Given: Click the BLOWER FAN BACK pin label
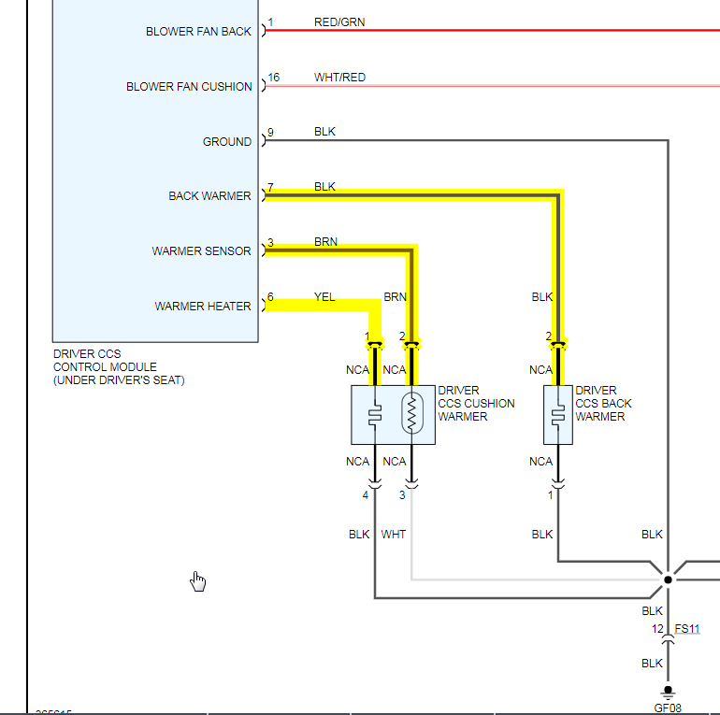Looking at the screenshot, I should point(198,32).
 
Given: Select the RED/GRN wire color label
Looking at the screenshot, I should point(339,22).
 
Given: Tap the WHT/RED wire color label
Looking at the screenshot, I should point(339,78).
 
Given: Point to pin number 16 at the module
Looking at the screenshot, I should point(273,78).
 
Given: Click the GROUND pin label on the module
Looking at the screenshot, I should point(227,142).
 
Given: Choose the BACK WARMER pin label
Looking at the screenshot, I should point(209,196).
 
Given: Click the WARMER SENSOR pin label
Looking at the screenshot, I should point(202,251).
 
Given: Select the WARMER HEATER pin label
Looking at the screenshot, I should point(203,307).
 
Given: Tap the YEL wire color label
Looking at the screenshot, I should point(324,297).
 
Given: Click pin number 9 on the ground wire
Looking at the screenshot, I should point(270,133).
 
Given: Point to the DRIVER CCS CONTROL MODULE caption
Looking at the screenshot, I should point(119,367).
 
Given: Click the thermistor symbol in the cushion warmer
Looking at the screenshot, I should point(410,413).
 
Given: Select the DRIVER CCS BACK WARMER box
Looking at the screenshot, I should point(558,414).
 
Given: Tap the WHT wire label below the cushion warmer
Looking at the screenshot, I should point(394,535).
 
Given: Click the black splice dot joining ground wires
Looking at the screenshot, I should point(668,579).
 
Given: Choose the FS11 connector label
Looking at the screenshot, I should point(687,629).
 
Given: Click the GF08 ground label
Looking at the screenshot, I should point(668,708).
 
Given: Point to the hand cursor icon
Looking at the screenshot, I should point(198,582).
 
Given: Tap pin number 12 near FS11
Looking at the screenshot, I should point(658,629).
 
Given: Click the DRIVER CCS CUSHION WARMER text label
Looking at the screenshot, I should point(476,404).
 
